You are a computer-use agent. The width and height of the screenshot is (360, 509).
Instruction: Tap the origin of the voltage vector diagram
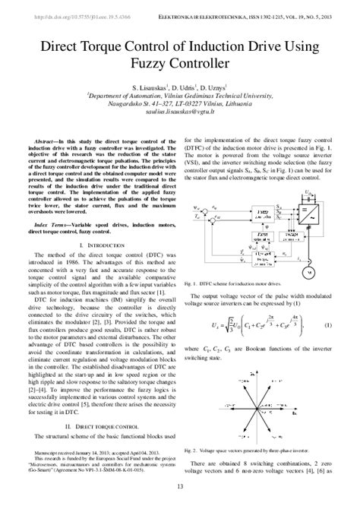click(x=263, y=406)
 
